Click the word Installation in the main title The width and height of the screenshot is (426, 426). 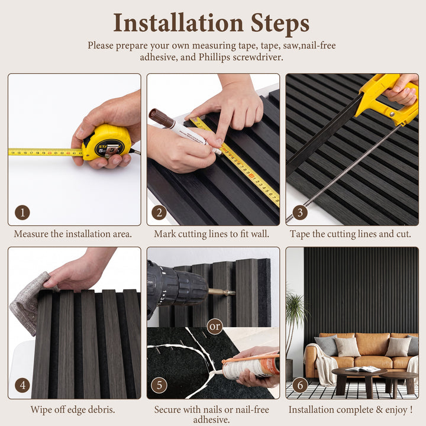(178, 23)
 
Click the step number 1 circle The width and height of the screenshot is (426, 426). (22, 212)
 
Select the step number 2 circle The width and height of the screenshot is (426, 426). (159, 212)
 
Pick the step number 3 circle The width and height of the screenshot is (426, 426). (300, 212)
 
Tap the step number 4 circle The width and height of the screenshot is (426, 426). (22, 385)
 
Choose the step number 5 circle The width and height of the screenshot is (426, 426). (159, 385)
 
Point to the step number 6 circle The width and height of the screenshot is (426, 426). (300, 385)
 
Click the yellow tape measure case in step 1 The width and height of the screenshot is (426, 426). (106, 142)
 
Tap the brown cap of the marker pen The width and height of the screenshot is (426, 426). (161, 118)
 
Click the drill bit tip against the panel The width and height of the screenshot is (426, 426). (234, 293)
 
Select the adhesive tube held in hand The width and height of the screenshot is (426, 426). (250, 366)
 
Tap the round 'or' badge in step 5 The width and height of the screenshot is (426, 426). (215, 326)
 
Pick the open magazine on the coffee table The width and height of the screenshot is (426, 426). (363, 369)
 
